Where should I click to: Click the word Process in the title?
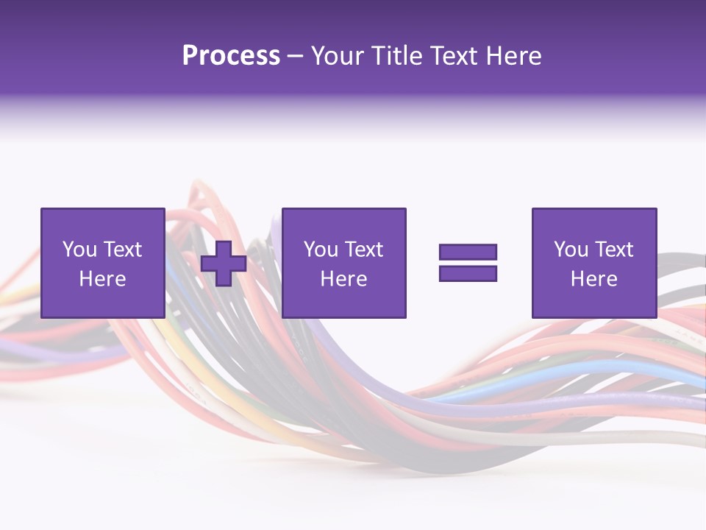pos(231,56)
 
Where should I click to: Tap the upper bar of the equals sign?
pos(468,252)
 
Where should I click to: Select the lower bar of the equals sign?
pos(468,274)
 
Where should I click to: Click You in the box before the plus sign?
pos(79,250)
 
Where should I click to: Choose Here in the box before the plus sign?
pos(102,279)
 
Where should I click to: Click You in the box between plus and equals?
pos(320,250)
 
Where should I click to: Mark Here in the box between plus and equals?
pos(343,279)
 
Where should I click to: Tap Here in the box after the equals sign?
pos(593,279)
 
